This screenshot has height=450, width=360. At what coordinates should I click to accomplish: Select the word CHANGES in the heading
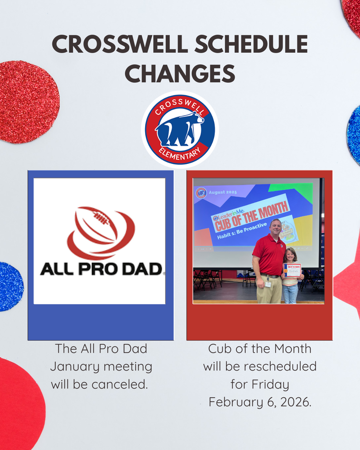[x=180, y=73]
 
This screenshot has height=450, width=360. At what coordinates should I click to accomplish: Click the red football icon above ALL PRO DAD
[x=100, y=232]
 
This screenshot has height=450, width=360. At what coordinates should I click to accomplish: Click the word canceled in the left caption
[x=120, y=385]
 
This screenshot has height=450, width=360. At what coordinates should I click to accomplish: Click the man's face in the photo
[x=276, y=227]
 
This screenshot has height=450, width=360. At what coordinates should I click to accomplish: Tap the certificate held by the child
[x=292, y=270]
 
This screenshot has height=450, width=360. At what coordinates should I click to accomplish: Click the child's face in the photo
[x=291, y=255]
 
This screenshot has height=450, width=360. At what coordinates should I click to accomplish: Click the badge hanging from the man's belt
[x=268, y=284]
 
